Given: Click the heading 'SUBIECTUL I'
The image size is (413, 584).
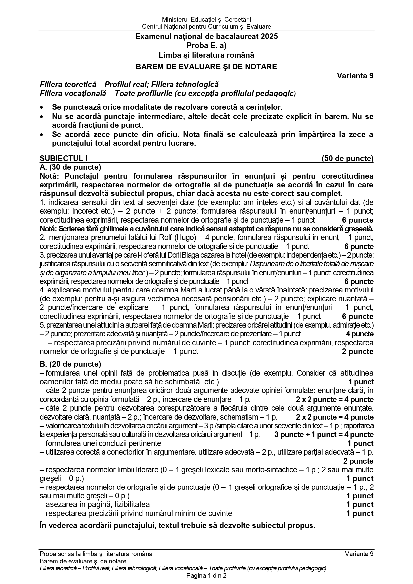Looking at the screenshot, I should point(64,158).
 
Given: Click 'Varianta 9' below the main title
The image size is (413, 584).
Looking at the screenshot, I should point(355,76).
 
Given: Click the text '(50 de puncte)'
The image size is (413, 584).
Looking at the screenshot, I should point(347,158).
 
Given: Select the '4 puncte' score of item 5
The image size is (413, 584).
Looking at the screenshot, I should point(360,334).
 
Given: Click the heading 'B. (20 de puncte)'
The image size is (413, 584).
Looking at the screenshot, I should point(70,364).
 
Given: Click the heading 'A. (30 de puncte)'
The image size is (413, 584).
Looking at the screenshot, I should point(70,167).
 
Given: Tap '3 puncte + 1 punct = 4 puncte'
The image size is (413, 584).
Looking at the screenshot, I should point(324,435).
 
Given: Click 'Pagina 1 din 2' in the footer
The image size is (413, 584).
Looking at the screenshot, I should point(206,576).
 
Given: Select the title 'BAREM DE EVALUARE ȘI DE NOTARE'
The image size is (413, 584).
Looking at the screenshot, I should point(206,67).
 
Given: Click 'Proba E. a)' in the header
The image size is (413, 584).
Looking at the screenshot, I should point(206,46).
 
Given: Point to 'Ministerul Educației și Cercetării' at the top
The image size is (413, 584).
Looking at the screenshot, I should point(206,20).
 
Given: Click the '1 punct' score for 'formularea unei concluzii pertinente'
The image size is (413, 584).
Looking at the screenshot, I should point(360,444).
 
